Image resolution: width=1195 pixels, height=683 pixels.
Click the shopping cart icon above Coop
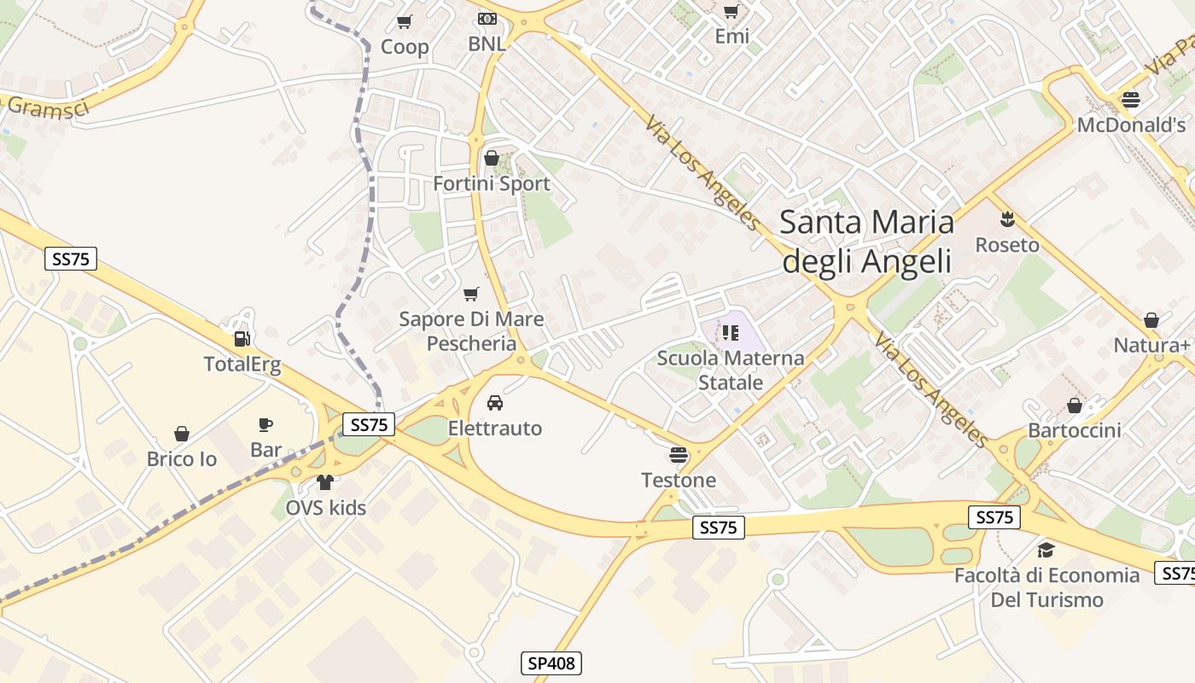405,20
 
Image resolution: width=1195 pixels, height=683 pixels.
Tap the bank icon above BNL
487,18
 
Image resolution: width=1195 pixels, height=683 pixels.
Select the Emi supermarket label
732,36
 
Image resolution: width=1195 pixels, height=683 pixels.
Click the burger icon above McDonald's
1131,99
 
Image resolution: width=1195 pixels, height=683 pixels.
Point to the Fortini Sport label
492,184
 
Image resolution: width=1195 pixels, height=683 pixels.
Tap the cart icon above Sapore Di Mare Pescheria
470,295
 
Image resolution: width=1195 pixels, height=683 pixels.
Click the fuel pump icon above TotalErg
242,339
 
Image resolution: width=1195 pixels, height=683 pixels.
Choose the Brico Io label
182,459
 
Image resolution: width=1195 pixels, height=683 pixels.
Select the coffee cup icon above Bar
265,424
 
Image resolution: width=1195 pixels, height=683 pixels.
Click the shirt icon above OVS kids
324,482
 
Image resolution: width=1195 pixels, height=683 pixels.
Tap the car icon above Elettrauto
495,402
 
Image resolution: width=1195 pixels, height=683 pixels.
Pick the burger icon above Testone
679,454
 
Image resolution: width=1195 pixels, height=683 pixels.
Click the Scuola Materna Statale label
731,370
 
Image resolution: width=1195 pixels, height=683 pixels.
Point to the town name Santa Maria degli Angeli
866,241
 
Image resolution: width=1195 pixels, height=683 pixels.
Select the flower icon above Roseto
1007,219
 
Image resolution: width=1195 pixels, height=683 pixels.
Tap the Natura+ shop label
1151,346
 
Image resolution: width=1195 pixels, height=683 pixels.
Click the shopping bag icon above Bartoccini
1074,405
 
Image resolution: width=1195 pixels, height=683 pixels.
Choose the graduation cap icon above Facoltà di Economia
1046,550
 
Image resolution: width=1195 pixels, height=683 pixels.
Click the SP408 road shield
551,663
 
